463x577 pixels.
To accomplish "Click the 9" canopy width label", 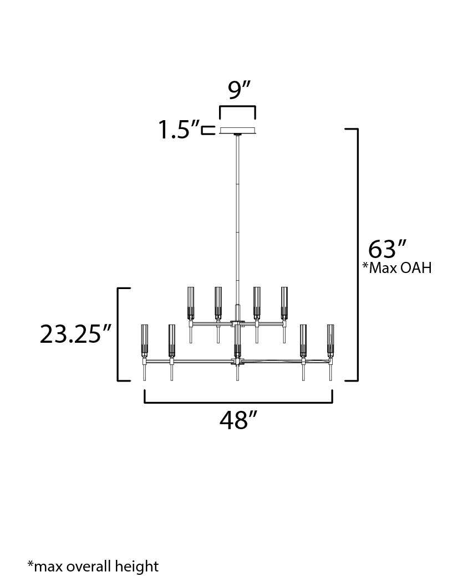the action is [x=238, y=90].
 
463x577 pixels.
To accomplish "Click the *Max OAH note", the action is [x=397, y=268].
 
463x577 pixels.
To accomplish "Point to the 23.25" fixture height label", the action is [x=75, y=334].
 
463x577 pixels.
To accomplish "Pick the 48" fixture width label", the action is [x=238, y=420].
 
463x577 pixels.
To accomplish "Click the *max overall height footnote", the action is [x=93, y=566].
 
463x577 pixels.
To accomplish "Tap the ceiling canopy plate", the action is [x=237, y=131].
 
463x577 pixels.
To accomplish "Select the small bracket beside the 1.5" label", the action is [x=208, y=131].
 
